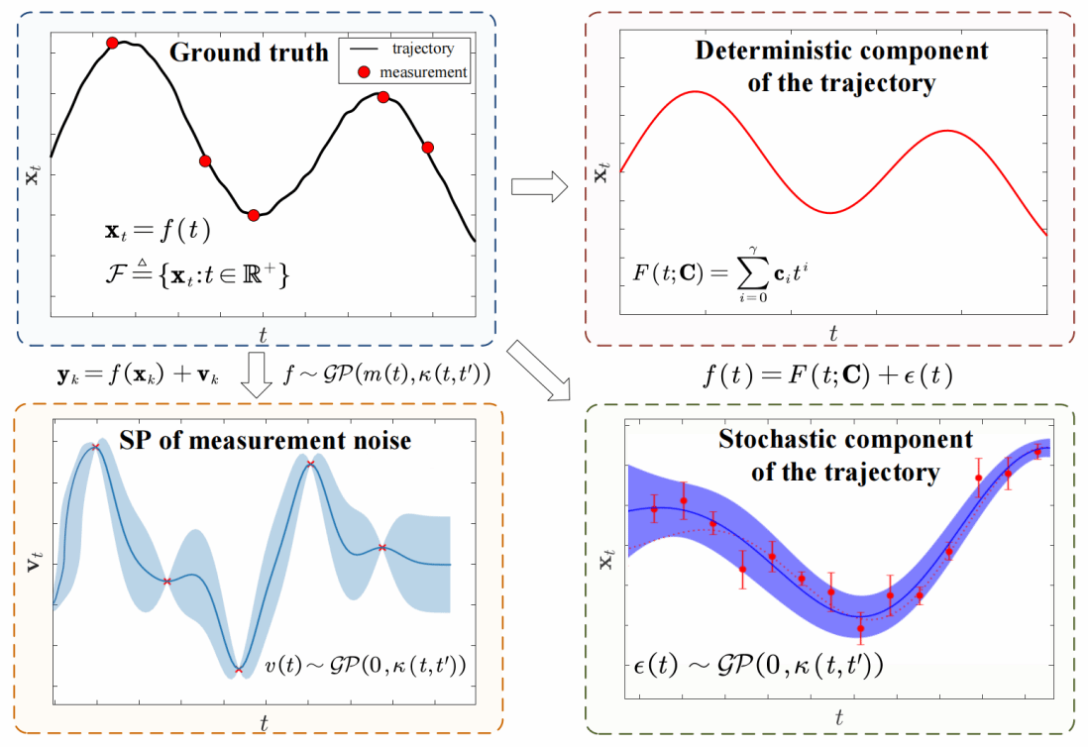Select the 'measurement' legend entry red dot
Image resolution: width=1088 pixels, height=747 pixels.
tap(366, 71)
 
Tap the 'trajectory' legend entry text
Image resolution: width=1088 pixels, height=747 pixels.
tap(423, 49)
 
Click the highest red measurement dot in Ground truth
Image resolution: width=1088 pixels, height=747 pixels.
tap(112, 43)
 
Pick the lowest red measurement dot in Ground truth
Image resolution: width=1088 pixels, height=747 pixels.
tap(254, 215)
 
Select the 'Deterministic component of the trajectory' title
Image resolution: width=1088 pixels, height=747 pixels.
tap(841, 66)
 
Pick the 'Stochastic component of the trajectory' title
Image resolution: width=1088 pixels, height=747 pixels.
tap(845, 456)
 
